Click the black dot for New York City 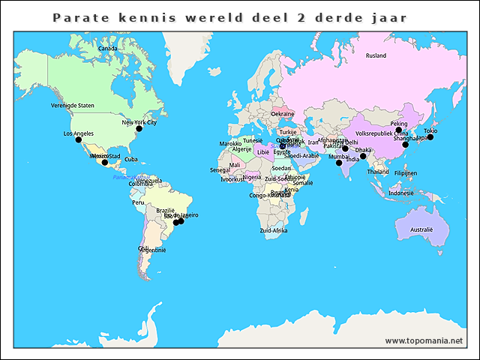click(x=139, y=129)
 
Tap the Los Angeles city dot click(x=78, y=140)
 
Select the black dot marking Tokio click(x=430, y=137)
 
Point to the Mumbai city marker click(x=339, y=163)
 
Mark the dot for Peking click(x=399, y=130)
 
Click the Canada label click(x=108, y=49)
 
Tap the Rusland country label click(x=376, y=55)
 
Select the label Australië click(x=421, y=229)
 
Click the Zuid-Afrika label click(x=273, y=230)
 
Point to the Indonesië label click(x=400, y=193)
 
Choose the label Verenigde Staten click(x=73, y=106)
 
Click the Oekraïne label click(x=283, y=114)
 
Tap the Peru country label click(x=138, y=202)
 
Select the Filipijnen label click(x=405, y=173)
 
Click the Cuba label click(x=131, y=159)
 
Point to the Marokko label click(x=230, y=143)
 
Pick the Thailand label click(x=378, y=172)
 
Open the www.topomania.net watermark click(x=424, y=341)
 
